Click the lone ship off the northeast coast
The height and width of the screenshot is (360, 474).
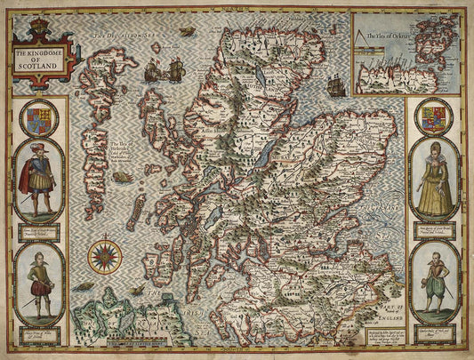coord(336,85)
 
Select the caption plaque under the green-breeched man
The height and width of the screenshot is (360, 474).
coord(435,323)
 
